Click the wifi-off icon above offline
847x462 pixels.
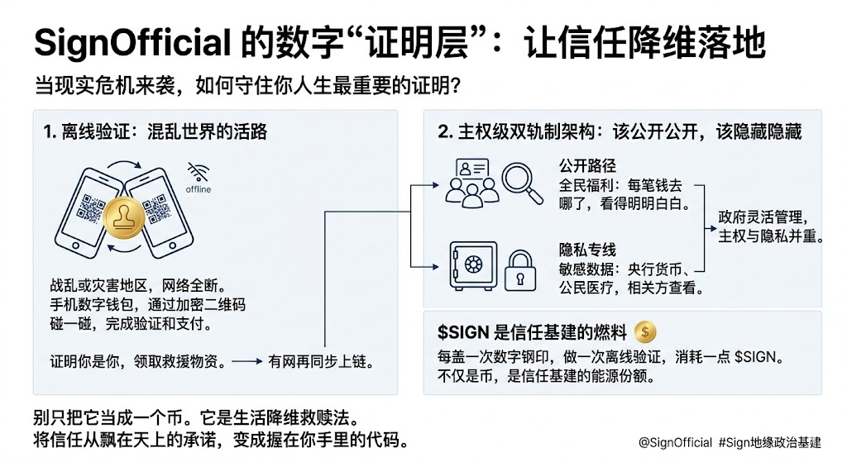[x=198, y=172]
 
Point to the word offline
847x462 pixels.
[x=199, y=189]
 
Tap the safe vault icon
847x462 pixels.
[x=472, y=266]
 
